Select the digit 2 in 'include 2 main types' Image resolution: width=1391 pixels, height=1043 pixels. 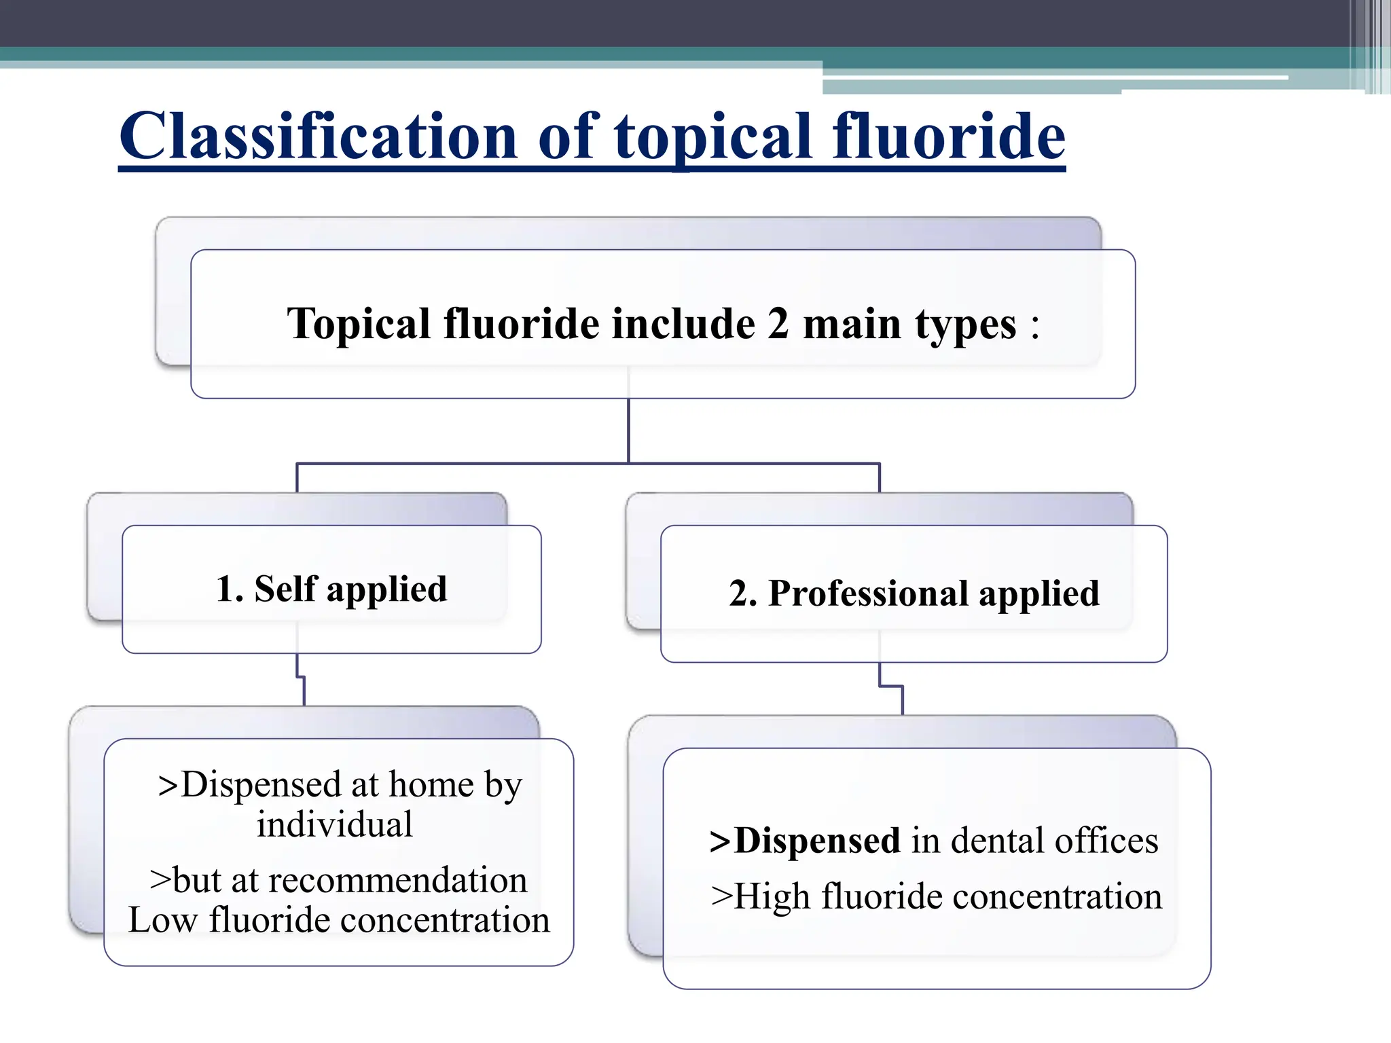(778, 323)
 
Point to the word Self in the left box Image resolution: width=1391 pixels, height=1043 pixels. (285, 588)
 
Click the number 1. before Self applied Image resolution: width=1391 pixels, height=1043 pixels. (230, 589)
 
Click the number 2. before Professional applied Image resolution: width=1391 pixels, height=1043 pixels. (743, 593)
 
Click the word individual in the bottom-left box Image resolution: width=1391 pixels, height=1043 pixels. (334, 825)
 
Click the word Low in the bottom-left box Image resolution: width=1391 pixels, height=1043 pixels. (162, 921)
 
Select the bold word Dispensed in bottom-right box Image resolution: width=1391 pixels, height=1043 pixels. (817, 841)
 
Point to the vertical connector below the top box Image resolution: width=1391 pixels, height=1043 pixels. (628, 431)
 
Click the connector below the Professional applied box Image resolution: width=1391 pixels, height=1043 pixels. (892, 687)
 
